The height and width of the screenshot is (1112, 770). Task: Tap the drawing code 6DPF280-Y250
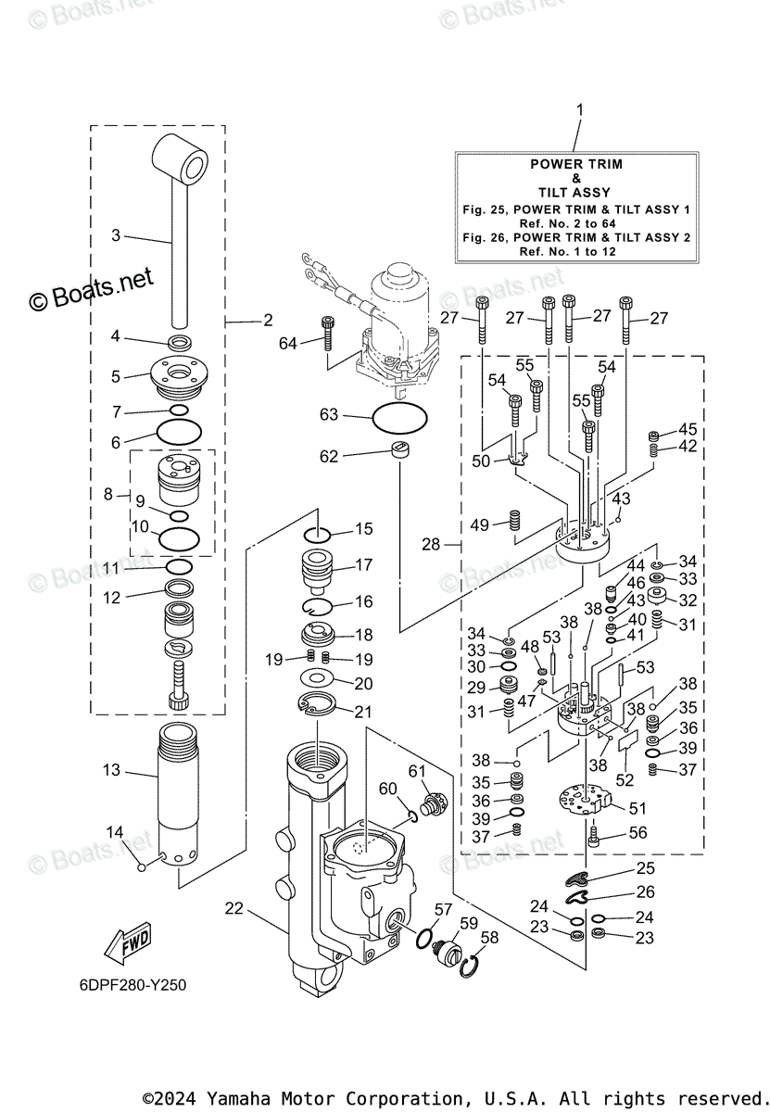pyautogui.click(x=133, y=983)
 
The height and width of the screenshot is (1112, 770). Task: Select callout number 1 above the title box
pyautogui.click(x=580, y=110)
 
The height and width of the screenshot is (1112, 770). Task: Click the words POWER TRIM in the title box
pyautogui.click(x=575, y=164)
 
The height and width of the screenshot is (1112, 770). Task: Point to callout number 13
pyautogui.click(x=111, y=770)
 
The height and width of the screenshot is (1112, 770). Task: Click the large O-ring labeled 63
pyautogui.click(x=399, y=418)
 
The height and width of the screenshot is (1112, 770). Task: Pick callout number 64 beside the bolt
pyautogui.click(x=289, y=344)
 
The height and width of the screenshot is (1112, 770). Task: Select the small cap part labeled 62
pyautogui.click(x=400, y=450)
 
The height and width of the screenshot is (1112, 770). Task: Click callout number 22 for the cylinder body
pyautogui.click(x=234, y=908)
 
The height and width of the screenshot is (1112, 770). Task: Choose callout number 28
pyautogui.click(x=431, y=544)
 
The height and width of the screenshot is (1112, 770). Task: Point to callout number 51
pyautogui.click(x=637, y=808)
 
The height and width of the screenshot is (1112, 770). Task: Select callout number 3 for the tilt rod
pyautogui.click(x=116, y=235)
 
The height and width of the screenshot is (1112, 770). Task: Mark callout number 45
pyautogui.click(x=687, y=429)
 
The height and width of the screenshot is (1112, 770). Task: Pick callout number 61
pyautogui.click(x=418, y=771)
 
